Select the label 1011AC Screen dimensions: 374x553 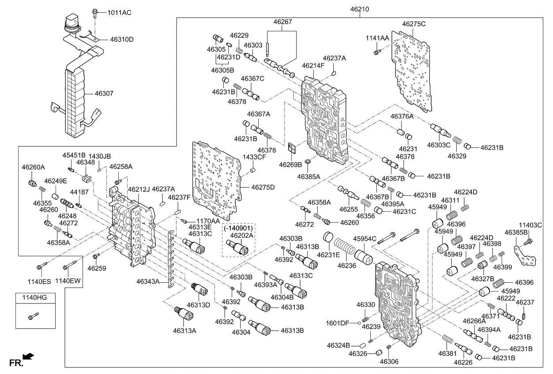(119, 13)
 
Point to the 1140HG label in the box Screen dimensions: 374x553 (31, 298)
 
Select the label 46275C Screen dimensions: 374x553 (414, 23)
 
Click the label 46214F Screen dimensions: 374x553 (313, 66)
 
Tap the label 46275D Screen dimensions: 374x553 (263, 187)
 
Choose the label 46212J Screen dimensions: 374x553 (139, 189)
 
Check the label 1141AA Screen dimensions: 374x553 (377, 39)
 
